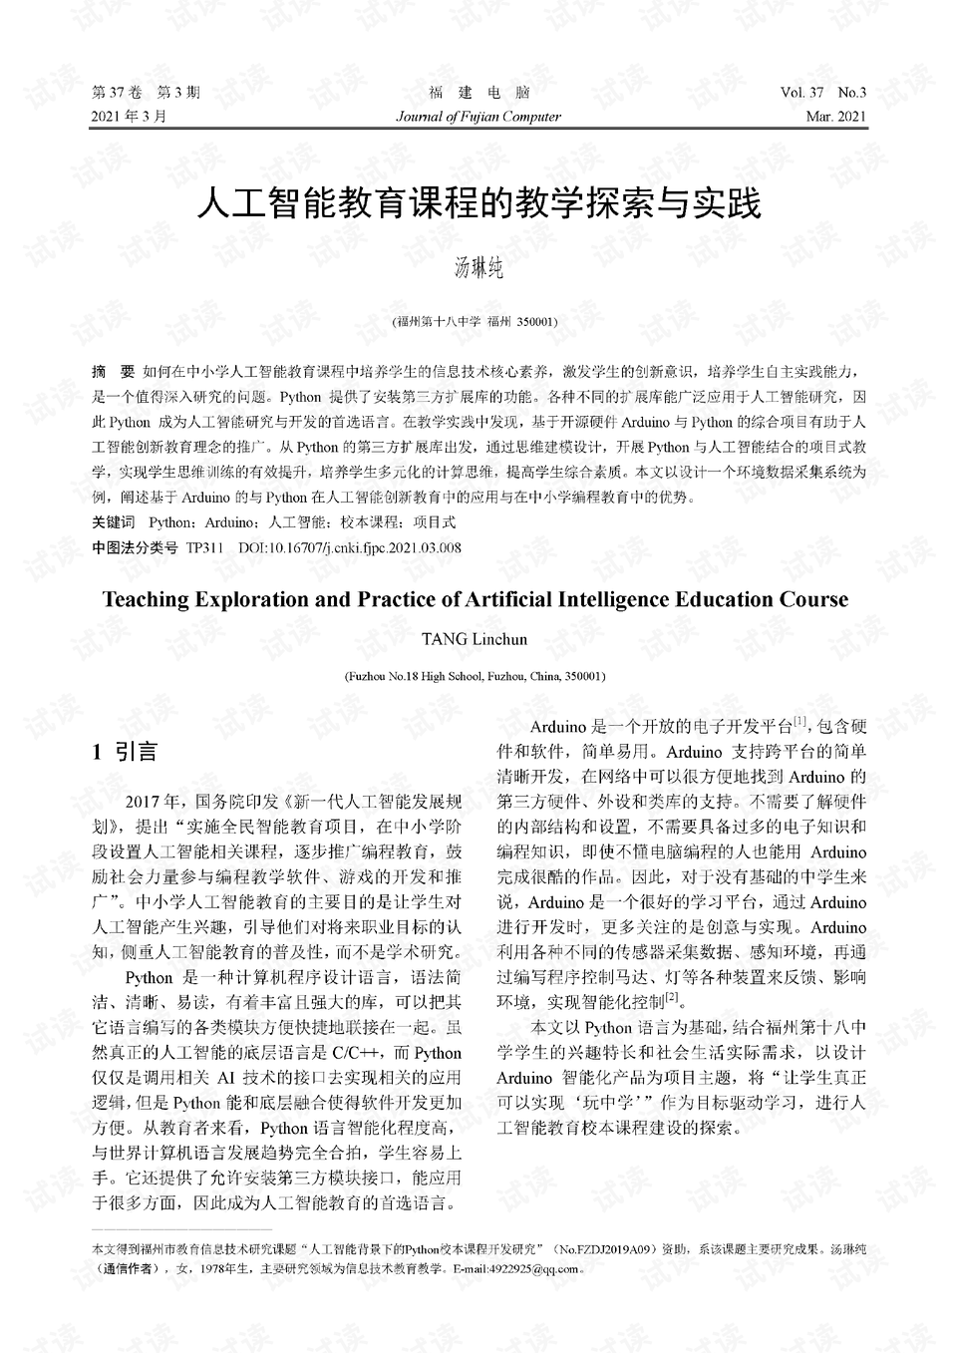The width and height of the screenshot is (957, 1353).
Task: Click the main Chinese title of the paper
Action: point(478,203)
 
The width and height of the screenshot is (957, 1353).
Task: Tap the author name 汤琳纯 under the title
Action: point(478,267)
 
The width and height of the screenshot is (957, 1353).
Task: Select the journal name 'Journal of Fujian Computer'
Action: point(478,117)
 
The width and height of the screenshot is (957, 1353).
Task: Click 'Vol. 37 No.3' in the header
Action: point(823,93)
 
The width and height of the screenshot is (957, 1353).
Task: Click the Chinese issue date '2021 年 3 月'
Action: point(130,117)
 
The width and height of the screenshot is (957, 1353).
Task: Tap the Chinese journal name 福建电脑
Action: point(478,93)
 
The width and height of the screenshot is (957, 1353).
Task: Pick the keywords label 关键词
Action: point(113,521)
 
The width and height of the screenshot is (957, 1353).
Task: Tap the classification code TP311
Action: point(204,547)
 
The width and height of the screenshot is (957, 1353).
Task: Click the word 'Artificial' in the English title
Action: point(506,599)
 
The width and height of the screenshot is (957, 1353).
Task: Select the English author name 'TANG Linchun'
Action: point(475,639)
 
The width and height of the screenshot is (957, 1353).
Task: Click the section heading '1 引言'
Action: point(125,752)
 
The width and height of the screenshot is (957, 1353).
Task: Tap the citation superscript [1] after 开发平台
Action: point(799,721)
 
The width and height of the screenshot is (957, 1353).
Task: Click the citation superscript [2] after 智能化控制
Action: point(672,997)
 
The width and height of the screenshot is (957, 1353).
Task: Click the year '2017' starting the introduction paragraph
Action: point(143,801)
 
